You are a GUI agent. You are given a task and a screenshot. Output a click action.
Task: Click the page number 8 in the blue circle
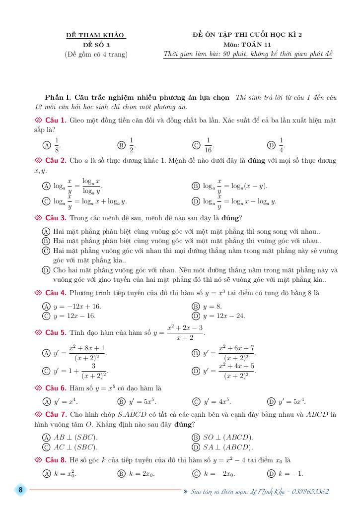pyautogui.click(x=21, y=490)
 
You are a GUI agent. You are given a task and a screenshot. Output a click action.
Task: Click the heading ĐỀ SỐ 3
pyautogui.click(x=96, y=45)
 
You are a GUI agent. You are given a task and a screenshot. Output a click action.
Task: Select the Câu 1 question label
pyautogui.click(x=56, y=121)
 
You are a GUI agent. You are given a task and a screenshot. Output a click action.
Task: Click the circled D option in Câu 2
pyautogui.click(x=195, y=201)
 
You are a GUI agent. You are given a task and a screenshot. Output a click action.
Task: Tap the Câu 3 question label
pyautogui.click(x=56, y=218)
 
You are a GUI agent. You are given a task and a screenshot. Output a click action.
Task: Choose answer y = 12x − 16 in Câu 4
pyautogui.click(x=74, y=316)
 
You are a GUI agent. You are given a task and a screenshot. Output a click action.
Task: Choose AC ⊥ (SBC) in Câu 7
pyautogui.click(x=75, y=446)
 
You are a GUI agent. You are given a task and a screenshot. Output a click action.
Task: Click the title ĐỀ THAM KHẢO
pyautogui.click(x=96, y=35)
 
